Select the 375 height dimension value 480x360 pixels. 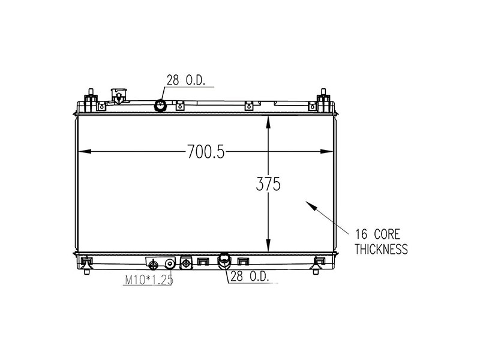268,184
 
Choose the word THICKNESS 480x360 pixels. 381,250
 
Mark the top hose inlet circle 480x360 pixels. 161,106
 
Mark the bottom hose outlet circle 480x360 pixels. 224,260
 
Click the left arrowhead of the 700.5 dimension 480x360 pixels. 82,151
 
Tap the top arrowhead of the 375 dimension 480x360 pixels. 268,120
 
